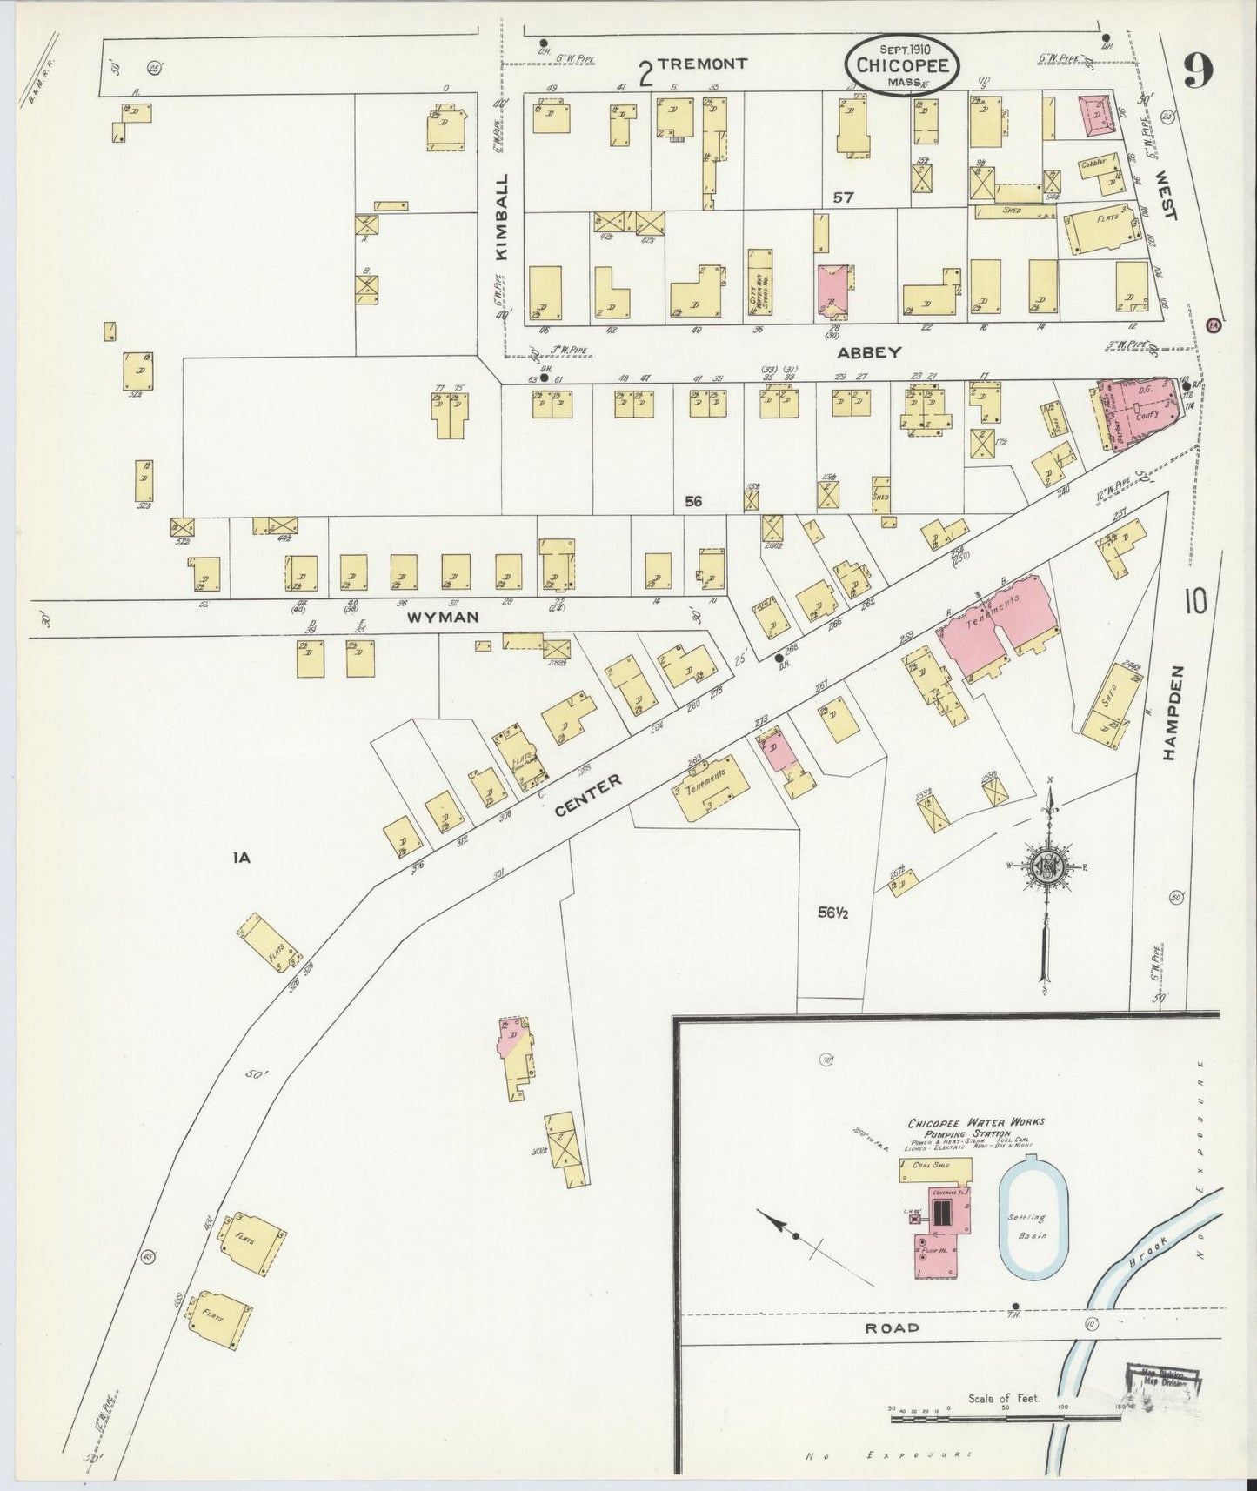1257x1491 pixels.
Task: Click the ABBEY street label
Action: pyautogui.click(x=869, y=352)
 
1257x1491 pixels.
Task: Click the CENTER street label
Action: pyautogui.click(x=589, y=795)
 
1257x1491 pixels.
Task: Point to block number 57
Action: pyautogui.click(x=843, y=197)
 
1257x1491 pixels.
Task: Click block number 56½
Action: pyautogui.click(x=833, y=913)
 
